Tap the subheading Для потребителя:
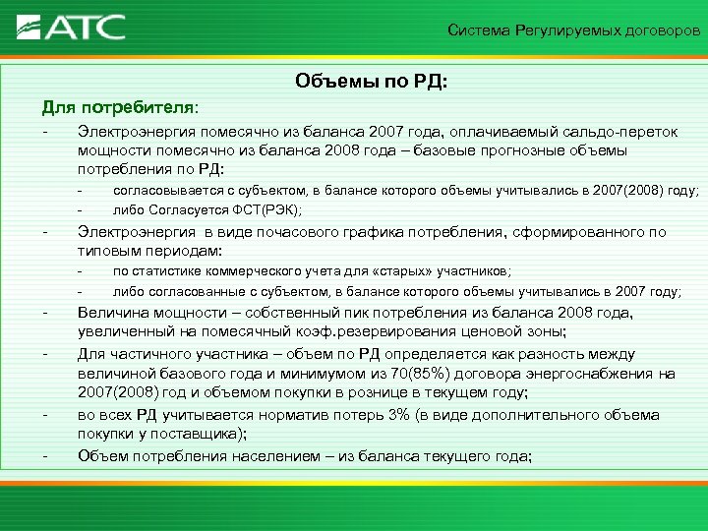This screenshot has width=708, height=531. (120, 106)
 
